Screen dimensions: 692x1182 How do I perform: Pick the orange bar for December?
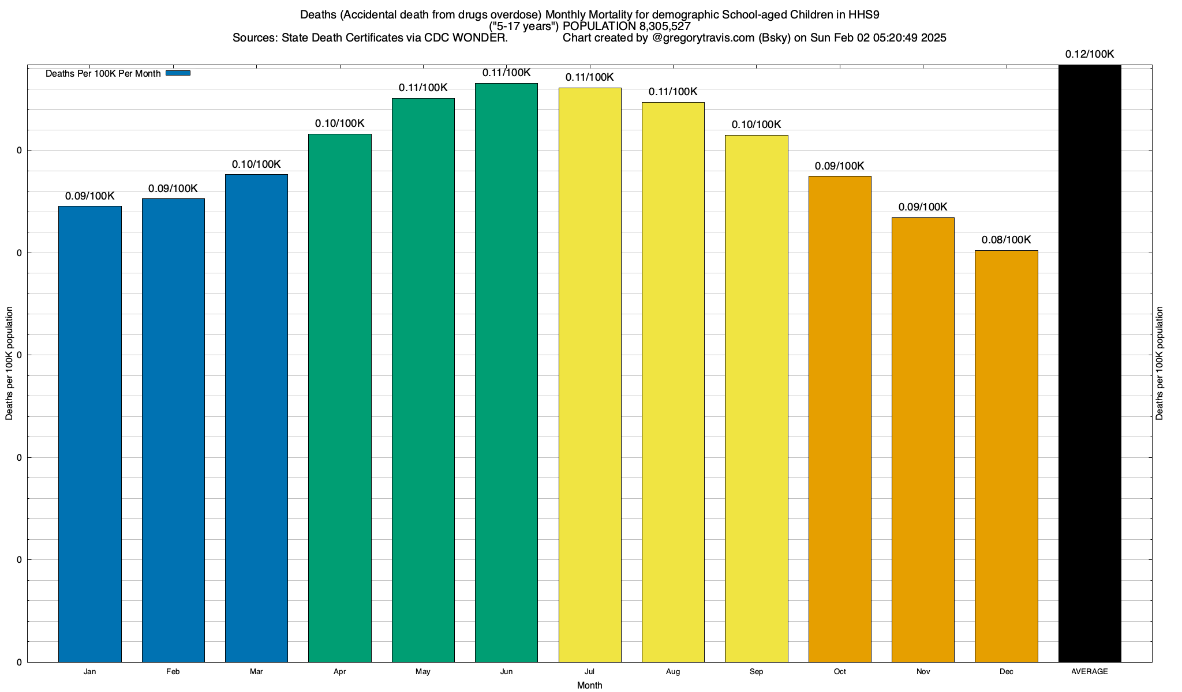coord(1006,456)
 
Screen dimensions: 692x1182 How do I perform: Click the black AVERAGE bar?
coord(1090,363)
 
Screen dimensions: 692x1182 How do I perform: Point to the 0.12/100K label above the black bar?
coord(1090,54)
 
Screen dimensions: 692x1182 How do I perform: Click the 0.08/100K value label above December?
coord(1006,240)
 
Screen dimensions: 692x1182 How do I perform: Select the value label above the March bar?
coord(256,164)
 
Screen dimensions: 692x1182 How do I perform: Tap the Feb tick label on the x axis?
coord(173,672)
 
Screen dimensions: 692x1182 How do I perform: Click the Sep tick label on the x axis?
coord(756,672)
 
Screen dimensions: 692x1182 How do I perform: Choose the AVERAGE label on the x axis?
coord(1090,672)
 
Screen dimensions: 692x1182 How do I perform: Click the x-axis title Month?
coord(589,686)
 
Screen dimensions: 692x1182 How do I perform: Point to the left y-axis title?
coord(9,363)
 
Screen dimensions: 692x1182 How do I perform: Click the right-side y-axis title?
coord(1159,363)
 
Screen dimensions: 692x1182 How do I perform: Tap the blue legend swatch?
coord(178,73)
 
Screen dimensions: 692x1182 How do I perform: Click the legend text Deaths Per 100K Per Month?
coord(103,74)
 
